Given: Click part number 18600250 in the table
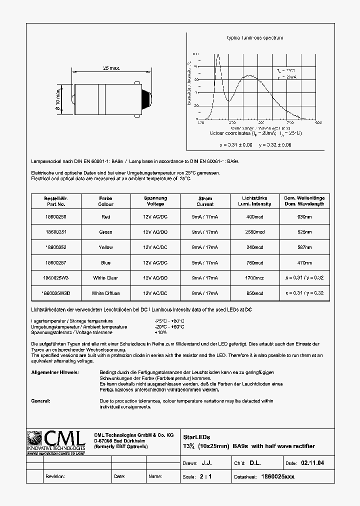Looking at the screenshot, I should click(x=55, y=216).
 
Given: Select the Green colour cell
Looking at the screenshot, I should click(x=105, y=232).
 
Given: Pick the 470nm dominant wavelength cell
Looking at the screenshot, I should click(x=304, y=262).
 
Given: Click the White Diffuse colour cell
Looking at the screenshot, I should click(x=105, y=293).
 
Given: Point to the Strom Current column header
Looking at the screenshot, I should click(x=205, y=201).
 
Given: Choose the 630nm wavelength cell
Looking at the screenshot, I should click(x=304, y=216).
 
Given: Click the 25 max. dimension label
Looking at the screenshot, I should click(x=111, y=68).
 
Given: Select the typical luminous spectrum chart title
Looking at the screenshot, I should click(x=255, y=38).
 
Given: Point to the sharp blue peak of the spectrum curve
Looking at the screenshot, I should click(x=217, y=56).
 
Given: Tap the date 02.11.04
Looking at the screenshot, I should click(x=313, y=463).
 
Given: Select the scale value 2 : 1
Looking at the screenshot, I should click(x=205, y=476).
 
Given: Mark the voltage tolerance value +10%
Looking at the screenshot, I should click(x=161, y=332).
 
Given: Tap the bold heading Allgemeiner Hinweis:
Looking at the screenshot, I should click(x=54, y=372).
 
